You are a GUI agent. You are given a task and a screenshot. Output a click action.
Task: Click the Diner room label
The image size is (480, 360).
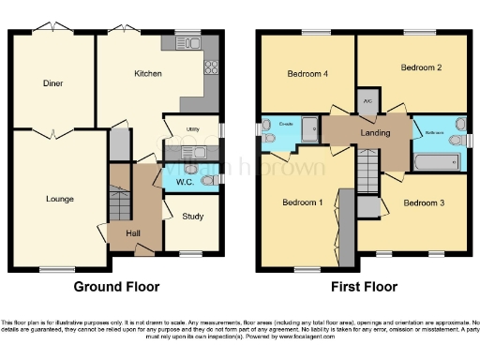click(52, 82)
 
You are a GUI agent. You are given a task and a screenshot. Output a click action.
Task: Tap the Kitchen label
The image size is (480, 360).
click(148, 73)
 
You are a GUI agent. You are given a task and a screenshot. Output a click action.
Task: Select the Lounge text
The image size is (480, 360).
click(60, 199)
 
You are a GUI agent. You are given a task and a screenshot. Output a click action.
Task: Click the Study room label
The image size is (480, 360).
click(191, 222)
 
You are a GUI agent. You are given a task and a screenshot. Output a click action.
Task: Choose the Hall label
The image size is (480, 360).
click(133, 232)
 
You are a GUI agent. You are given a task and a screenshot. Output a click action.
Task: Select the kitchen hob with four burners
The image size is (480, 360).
click(211, 68)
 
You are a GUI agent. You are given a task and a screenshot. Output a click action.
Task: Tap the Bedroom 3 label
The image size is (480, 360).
click(423, 202)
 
